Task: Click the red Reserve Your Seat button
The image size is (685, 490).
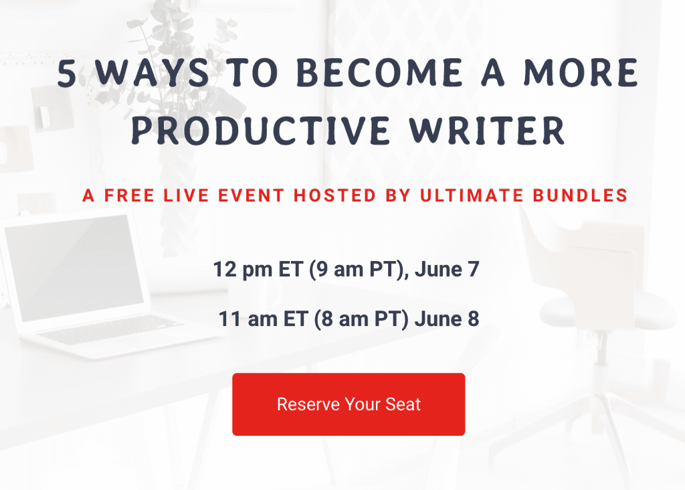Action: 349,404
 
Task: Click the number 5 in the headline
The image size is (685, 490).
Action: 67,74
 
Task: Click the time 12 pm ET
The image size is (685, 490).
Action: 256,270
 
